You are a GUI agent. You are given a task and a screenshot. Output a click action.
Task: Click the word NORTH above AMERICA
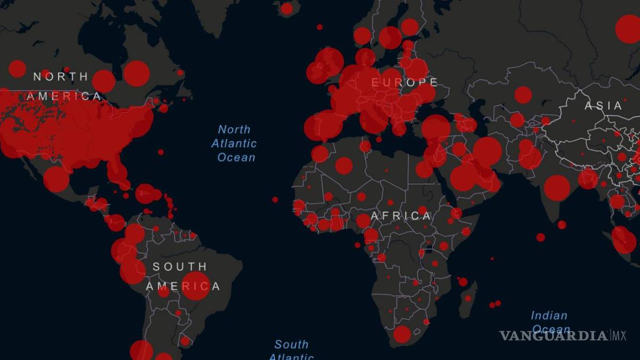(61, 77)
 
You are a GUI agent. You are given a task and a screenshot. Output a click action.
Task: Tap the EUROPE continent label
(404, 83)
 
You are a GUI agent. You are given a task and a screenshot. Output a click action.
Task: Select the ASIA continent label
(603, 106)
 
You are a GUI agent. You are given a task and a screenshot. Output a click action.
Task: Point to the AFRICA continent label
(401, 216)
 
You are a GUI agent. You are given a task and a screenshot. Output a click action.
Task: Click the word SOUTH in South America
(180, 267)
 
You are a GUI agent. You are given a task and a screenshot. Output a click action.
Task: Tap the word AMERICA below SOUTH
(182, 286)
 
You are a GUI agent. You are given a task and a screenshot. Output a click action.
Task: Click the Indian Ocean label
(549, 322)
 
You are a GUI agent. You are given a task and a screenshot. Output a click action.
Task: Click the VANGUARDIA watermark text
(554, 336)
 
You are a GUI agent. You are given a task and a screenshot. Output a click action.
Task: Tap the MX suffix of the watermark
(618, 336)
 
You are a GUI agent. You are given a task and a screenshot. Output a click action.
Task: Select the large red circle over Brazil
(196, 285)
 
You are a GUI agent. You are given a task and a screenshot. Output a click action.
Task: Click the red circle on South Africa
(402, 334)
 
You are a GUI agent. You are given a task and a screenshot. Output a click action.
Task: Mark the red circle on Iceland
(287, 9)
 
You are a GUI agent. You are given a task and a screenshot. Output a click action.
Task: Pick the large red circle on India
(557, 188)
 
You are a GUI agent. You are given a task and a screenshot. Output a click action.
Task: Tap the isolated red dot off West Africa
(275, 199)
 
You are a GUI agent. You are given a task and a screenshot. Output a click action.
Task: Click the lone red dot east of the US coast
(161, 152)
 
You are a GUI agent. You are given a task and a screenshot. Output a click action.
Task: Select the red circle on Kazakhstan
(523, 95)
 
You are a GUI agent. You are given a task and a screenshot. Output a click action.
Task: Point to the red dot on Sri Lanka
(562, 225)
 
